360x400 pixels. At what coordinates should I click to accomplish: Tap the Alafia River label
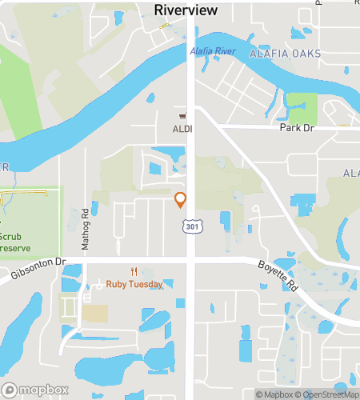click(212, 52)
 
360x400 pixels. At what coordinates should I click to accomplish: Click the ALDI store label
click(182, 128)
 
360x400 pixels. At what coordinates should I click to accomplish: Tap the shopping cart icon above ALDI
click(182, 117)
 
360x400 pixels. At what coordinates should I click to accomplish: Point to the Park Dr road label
click(294, 128)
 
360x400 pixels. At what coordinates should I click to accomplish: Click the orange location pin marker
click(181, 199)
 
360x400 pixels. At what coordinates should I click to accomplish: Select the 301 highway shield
click(191, 228)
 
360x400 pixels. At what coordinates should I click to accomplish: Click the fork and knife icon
click(134, 272)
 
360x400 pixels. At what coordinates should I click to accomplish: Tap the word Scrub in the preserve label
click(11, 237)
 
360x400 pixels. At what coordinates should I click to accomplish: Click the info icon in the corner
click(353, 394)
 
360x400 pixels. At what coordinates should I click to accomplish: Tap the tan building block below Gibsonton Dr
click(96, 313)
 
